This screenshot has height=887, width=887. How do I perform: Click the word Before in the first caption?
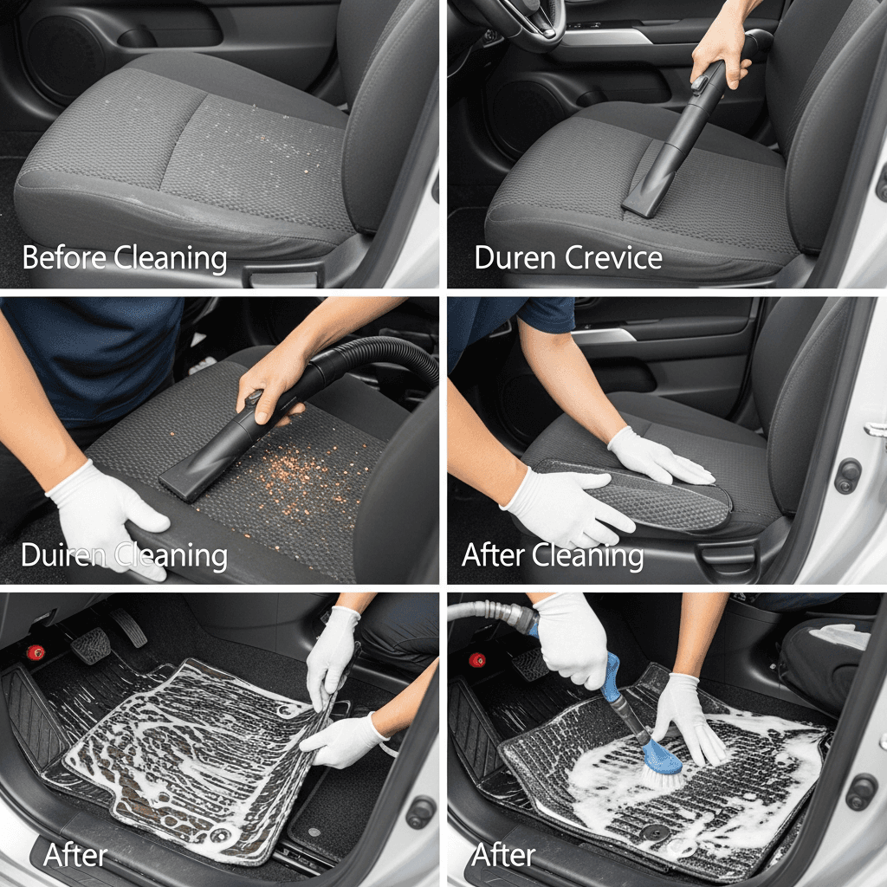click(x=64, y=258)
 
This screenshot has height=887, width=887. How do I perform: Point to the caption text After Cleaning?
click(x=553, y=555)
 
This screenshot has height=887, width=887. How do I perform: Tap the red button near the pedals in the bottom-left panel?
click(x=36, y=652)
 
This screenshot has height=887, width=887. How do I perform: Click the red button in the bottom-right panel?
click(x=477, y=659)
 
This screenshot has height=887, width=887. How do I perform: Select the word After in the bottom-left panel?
click(x=75, y=854)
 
